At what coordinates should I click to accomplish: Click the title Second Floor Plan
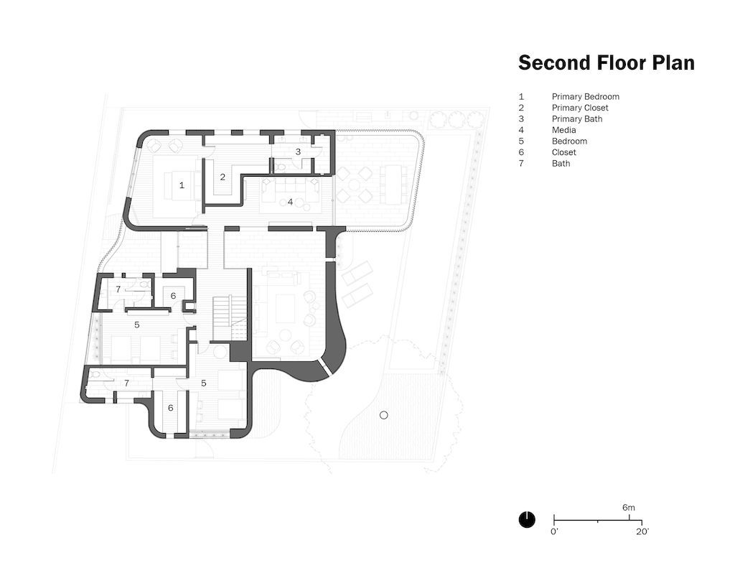click(x=606, y=63)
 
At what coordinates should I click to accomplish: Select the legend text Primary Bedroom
click(x=585, y=97)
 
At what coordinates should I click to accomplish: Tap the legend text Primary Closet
click(x=580, y=108)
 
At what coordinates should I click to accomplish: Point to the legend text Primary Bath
click(x=577, y=119)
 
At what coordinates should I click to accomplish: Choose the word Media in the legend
click(x=563, y=130)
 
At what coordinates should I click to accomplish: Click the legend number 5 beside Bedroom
click(x=522, y=141)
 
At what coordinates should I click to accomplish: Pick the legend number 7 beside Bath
click(x=522, y=164)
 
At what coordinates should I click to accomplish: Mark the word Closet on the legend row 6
click(x=564, y=152)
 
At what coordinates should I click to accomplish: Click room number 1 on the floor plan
click(x=182, y=185)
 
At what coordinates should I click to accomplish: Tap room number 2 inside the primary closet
click(x=223, y=177)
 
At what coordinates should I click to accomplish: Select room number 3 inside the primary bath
click(x=298, y=152)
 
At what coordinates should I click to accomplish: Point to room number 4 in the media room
click(x=290, y=202)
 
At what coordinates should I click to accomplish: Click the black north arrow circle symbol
click(x=527, y=519)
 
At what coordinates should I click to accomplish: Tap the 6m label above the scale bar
click(x=629, y=508)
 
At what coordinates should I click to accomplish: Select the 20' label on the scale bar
click(x=642, y=532)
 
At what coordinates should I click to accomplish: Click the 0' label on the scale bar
click(x=554, y=532)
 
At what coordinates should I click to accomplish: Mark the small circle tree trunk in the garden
click(x=384, y=415)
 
